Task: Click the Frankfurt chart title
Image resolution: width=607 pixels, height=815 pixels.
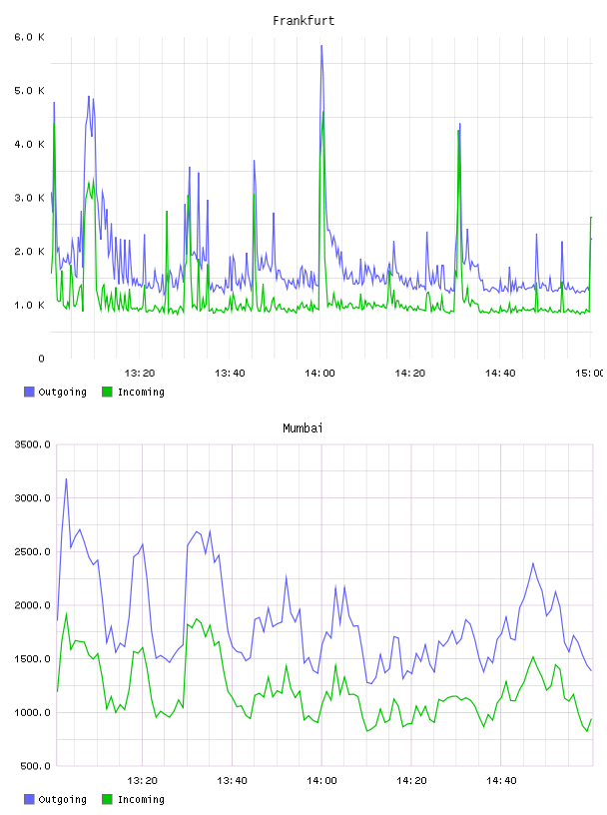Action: [303, 21]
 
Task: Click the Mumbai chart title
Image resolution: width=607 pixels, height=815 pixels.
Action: [303, 428]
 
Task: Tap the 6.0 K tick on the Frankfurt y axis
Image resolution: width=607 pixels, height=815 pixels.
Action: [29, 37]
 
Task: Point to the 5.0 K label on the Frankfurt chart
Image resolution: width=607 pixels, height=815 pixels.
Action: [29, 91]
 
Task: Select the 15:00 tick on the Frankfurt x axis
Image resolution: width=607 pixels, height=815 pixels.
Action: [590, 373]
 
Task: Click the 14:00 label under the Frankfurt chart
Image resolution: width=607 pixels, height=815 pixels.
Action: [319, 373]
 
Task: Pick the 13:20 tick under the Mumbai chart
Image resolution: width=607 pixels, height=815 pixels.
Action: [142, 780]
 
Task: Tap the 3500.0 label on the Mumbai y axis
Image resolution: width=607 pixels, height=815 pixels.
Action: [32, 444]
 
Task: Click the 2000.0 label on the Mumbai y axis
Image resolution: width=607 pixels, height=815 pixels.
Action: [32, 605]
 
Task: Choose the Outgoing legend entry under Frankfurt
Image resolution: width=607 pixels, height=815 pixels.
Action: [55, 392]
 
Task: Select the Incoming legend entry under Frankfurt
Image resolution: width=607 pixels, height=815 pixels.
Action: [133, 392]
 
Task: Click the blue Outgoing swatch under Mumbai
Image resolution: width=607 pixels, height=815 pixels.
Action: [29, 799]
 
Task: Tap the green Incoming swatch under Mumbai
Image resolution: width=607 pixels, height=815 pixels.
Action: [107, 799]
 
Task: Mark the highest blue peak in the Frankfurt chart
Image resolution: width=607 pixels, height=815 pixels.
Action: [321, 46]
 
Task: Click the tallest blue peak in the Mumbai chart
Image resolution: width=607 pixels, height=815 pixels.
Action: [66, 479]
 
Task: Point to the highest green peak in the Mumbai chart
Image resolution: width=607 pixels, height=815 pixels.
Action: [66, 613]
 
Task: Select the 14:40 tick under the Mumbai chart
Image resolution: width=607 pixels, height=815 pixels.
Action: [501, 780]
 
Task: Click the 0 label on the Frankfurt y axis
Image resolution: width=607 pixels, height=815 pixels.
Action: [42, 359]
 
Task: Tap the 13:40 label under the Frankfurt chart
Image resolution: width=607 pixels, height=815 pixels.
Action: [230, 373]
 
